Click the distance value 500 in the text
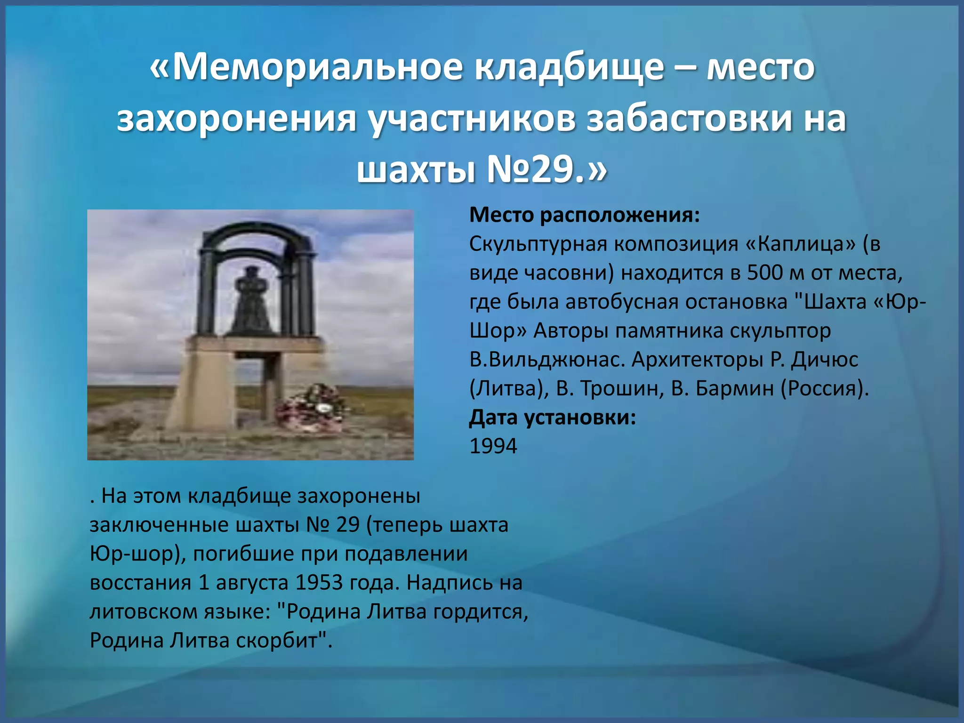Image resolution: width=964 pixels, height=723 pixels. pos(764,273)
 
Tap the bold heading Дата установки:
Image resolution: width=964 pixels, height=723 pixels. pos(553,418)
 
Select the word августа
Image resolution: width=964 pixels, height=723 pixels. pos(252,583)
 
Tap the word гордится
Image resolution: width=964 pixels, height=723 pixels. pos(480,612)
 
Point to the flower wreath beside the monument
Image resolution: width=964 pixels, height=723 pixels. pos(313,407)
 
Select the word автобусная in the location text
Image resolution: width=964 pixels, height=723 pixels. pos(622,302)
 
